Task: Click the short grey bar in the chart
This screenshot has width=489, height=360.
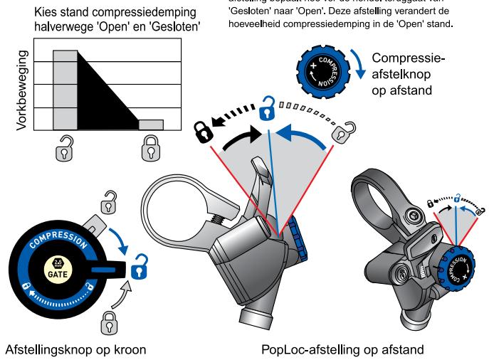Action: click(151, 125)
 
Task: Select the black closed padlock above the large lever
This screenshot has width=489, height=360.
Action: click(204, 130)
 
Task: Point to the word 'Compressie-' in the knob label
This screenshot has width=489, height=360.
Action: click(412, 58)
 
